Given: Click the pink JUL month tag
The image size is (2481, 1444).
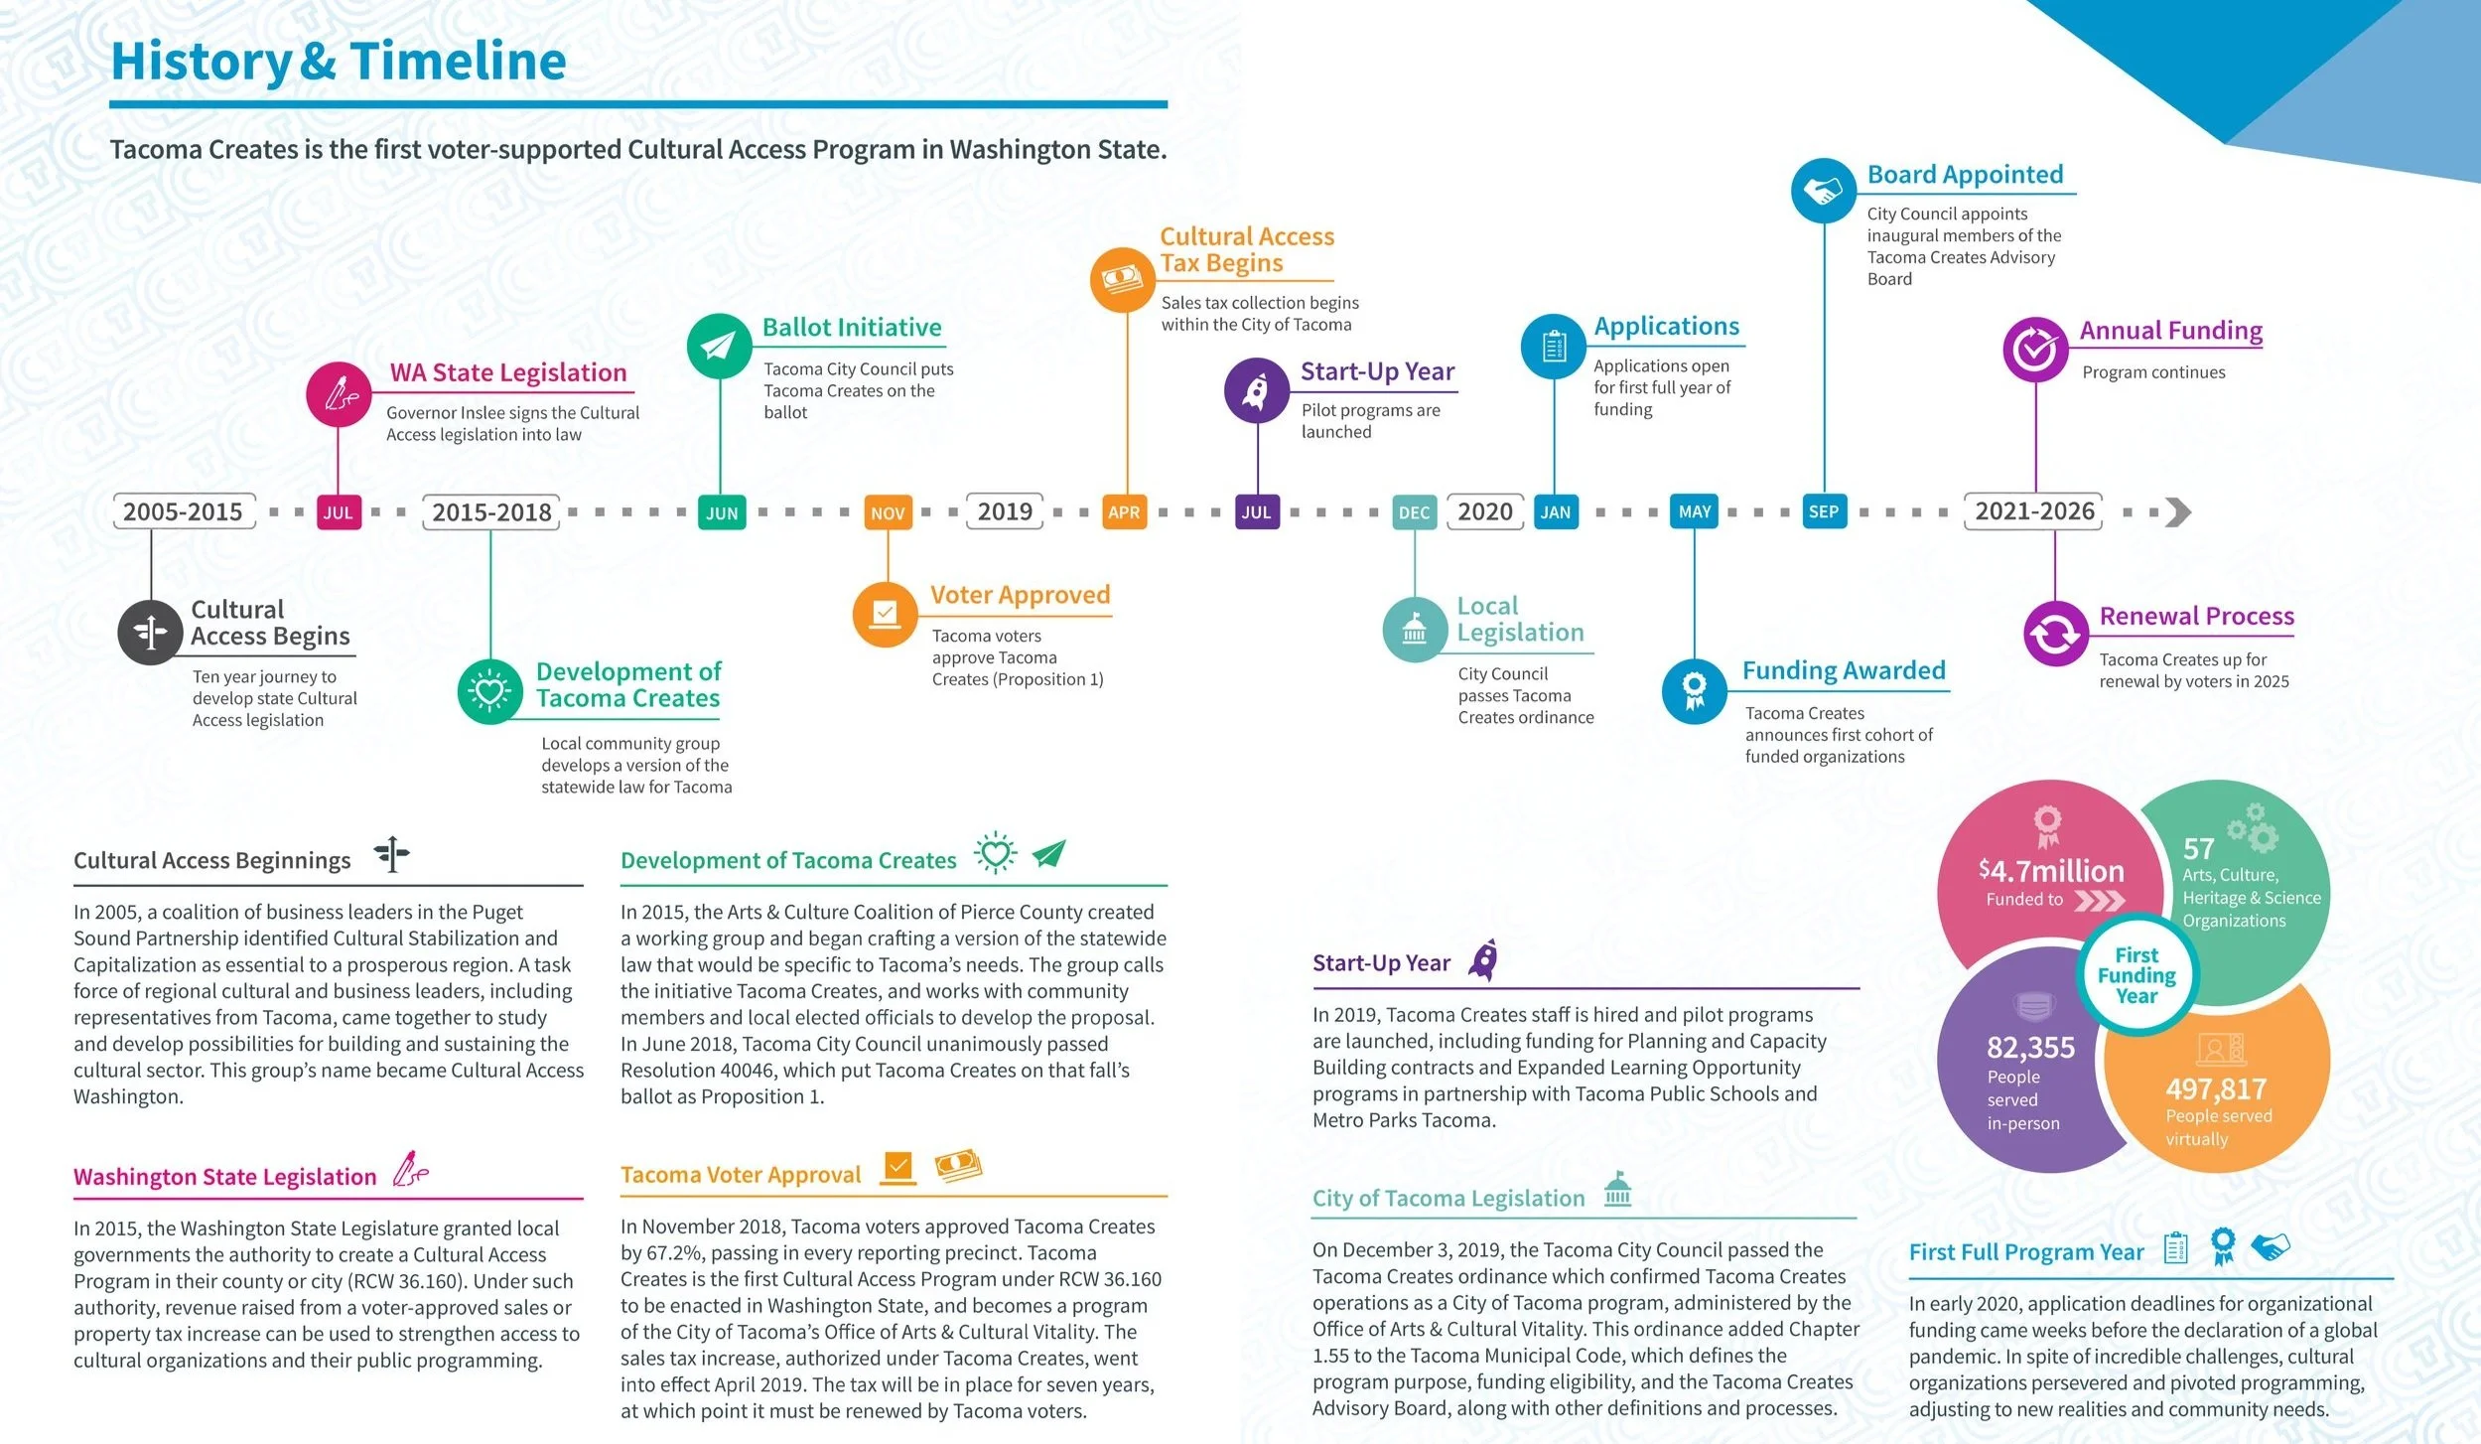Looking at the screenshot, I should [x=338, y=512].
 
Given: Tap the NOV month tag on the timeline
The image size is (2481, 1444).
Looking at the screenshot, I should [x=888, y=512].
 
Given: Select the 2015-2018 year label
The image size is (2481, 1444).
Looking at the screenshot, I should [x=491, y=511].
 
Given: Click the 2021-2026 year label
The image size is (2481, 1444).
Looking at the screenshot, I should [x=2033, y=511].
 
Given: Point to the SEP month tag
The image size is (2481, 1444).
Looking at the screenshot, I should [x=1824, y=511].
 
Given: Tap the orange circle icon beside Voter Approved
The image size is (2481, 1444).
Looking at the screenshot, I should [x=885, y=613].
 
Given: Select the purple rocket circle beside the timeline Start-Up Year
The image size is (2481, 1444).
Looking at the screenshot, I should [x=1256, y=390].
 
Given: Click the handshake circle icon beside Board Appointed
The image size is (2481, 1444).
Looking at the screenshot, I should [x=1823, y=191].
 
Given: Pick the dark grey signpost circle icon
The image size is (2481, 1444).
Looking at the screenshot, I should [x=150, y=632].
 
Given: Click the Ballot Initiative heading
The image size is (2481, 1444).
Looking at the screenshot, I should [x=852, y=327].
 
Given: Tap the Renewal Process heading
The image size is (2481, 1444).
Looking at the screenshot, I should [x=2196, y=616].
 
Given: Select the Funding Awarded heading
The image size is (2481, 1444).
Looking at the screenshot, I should [x=1844, y=670].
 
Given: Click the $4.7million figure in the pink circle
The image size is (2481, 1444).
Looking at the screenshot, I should [x=2051, y=871].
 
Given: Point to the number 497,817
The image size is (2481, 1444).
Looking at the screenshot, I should [x=2216, y=1089].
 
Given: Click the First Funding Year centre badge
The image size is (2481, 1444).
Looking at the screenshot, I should [x=2136, y=975].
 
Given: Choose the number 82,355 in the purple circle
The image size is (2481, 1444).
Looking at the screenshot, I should [x=2030, y=1048].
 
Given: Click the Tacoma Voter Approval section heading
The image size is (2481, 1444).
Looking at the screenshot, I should [x=741, y=1175].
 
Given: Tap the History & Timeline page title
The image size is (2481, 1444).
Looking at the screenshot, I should [x=339, y=61].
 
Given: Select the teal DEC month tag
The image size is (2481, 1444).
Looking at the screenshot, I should [x=1414, y=512].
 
